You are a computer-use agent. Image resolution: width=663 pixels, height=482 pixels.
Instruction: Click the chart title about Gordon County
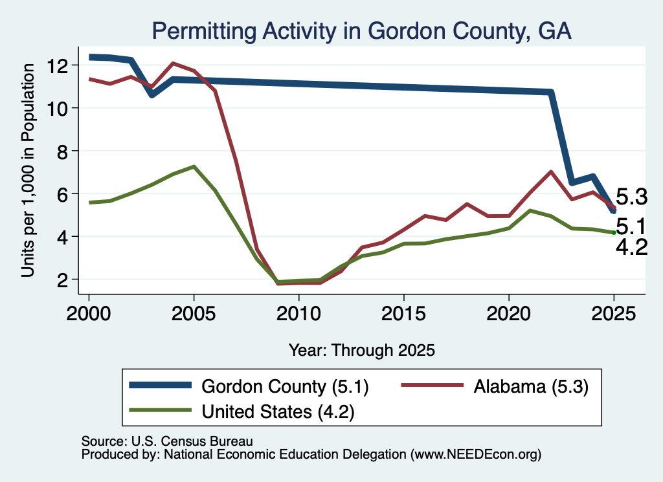pyautogui.click(x=361, y=31)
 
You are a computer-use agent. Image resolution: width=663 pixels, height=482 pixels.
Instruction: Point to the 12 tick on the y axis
pyautogui.click(x=57, y=65)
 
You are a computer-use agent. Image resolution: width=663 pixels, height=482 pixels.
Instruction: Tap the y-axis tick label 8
pyautogui.click(x=62, y=151)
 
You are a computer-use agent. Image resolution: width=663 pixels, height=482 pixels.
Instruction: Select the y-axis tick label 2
pyautogui.click(x=62, y=279)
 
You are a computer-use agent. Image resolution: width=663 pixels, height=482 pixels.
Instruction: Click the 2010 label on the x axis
pyautogui.click(x=298, y=314)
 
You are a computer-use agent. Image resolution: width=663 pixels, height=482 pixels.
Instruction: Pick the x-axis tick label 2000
pyautogui.click(x=89, y=314)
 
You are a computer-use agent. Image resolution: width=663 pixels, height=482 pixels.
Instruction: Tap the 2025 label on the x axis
pyautogui.click(x=614, y=314)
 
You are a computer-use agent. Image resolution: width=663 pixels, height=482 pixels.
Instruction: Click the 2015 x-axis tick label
pyautogui.click(x=404, y=314)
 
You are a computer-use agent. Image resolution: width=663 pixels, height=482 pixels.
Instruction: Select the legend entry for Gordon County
pyautogui.click(x=249, y=386)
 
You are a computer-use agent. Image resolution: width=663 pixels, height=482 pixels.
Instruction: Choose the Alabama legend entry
pyautogui.click(x=495, y=386)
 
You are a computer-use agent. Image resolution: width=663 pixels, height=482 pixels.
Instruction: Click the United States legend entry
pyautogui.click(x=242, y=411)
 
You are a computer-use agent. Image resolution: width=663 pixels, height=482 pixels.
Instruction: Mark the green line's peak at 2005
pyautogui.click(x=194, y=166)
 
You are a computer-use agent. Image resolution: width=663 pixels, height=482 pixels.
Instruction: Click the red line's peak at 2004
pyautogui.click(x=173, y=63)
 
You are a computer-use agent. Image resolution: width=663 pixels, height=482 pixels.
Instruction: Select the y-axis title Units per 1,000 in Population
pyautogui.click(x=27, y=170)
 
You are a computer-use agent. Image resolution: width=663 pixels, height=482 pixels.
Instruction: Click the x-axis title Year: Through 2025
pyautogui.click(x=361, y=350)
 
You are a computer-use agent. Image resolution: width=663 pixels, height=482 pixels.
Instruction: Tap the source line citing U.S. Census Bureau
pyautogui.click(x=167, y=441)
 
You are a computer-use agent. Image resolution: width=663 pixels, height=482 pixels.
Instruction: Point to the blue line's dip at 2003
pyautogui.click(x=152, y=94)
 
